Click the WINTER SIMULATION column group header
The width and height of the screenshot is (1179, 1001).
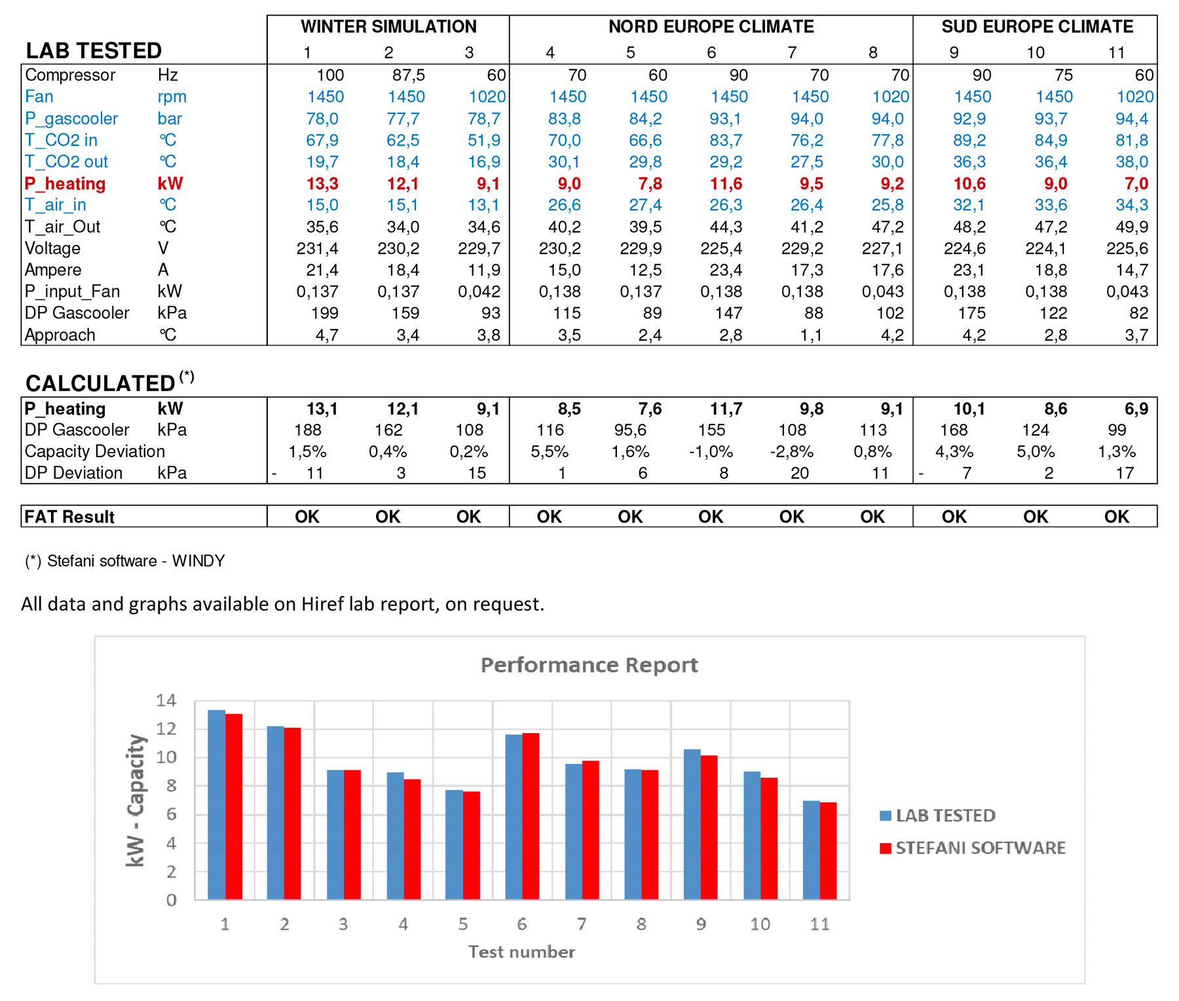388,27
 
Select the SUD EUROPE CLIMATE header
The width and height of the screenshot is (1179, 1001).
1037,27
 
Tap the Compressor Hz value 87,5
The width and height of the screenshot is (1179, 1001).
409,75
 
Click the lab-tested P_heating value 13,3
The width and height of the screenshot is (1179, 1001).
322,184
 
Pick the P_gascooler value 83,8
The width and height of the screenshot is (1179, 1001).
564,119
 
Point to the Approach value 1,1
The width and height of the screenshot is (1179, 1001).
810,335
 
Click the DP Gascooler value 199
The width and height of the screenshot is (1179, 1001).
325,313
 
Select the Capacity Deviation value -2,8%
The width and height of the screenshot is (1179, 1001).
791,452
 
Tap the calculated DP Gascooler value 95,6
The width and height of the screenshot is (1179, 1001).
630,430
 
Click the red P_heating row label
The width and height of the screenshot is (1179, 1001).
65,184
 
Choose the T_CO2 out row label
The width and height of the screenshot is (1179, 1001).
66,162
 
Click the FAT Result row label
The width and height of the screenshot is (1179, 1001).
69,517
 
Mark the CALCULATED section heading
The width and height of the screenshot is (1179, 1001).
100,383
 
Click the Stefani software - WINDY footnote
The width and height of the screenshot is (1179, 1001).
125,561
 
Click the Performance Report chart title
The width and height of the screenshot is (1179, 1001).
589,665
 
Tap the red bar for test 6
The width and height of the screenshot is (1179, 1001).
531,816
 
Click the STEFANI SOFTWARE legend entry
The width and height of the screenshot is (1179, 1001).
972,848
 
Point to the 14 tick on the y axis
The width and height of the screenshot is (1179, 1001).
166,700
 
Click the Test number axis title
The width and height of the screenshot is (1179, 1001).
521,952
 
